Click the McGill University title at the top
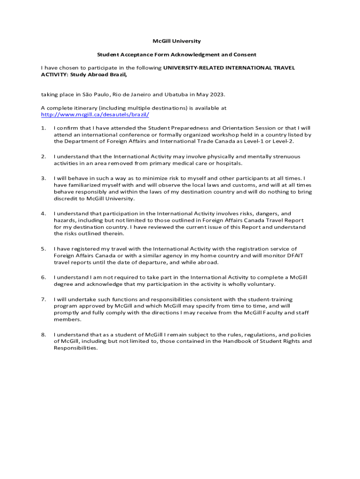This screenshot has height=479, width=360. [180, 41]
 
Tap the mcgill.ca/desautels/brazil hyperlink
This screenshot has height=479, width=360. [95, 115]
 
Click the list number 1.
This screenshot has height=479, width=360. [43, 128]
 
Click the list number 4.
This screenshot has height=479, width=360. [43, 213]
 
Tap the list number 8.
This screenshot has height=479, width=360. [43, 334]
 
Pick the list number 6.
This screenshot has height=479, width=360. [43, 277]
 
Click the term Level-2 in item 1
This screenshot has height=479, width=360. [284, 141]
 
